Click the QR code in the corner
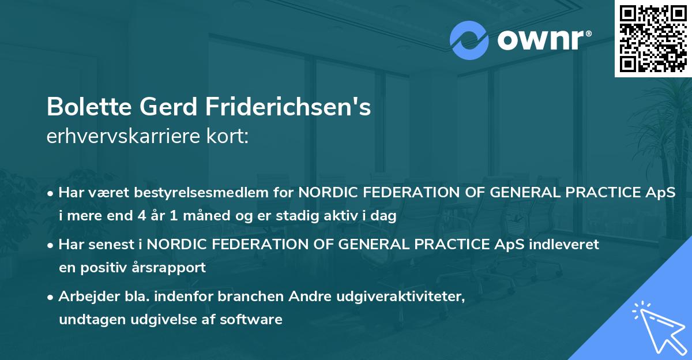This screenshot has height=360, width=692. click(x=653, y=39)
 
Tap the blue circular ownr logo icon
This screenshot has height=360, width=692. click(x=469, y=40)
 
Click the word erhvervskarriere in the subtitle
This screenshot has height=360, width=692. click(x=127, y=137)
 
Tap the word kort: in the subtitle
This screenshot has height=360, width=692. click(x=230, y=137)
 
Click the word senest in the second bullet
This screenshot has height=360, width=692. click(x=110, y=244)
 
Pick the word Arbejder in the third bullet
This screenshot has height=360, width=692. click(x=85, y=296)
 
